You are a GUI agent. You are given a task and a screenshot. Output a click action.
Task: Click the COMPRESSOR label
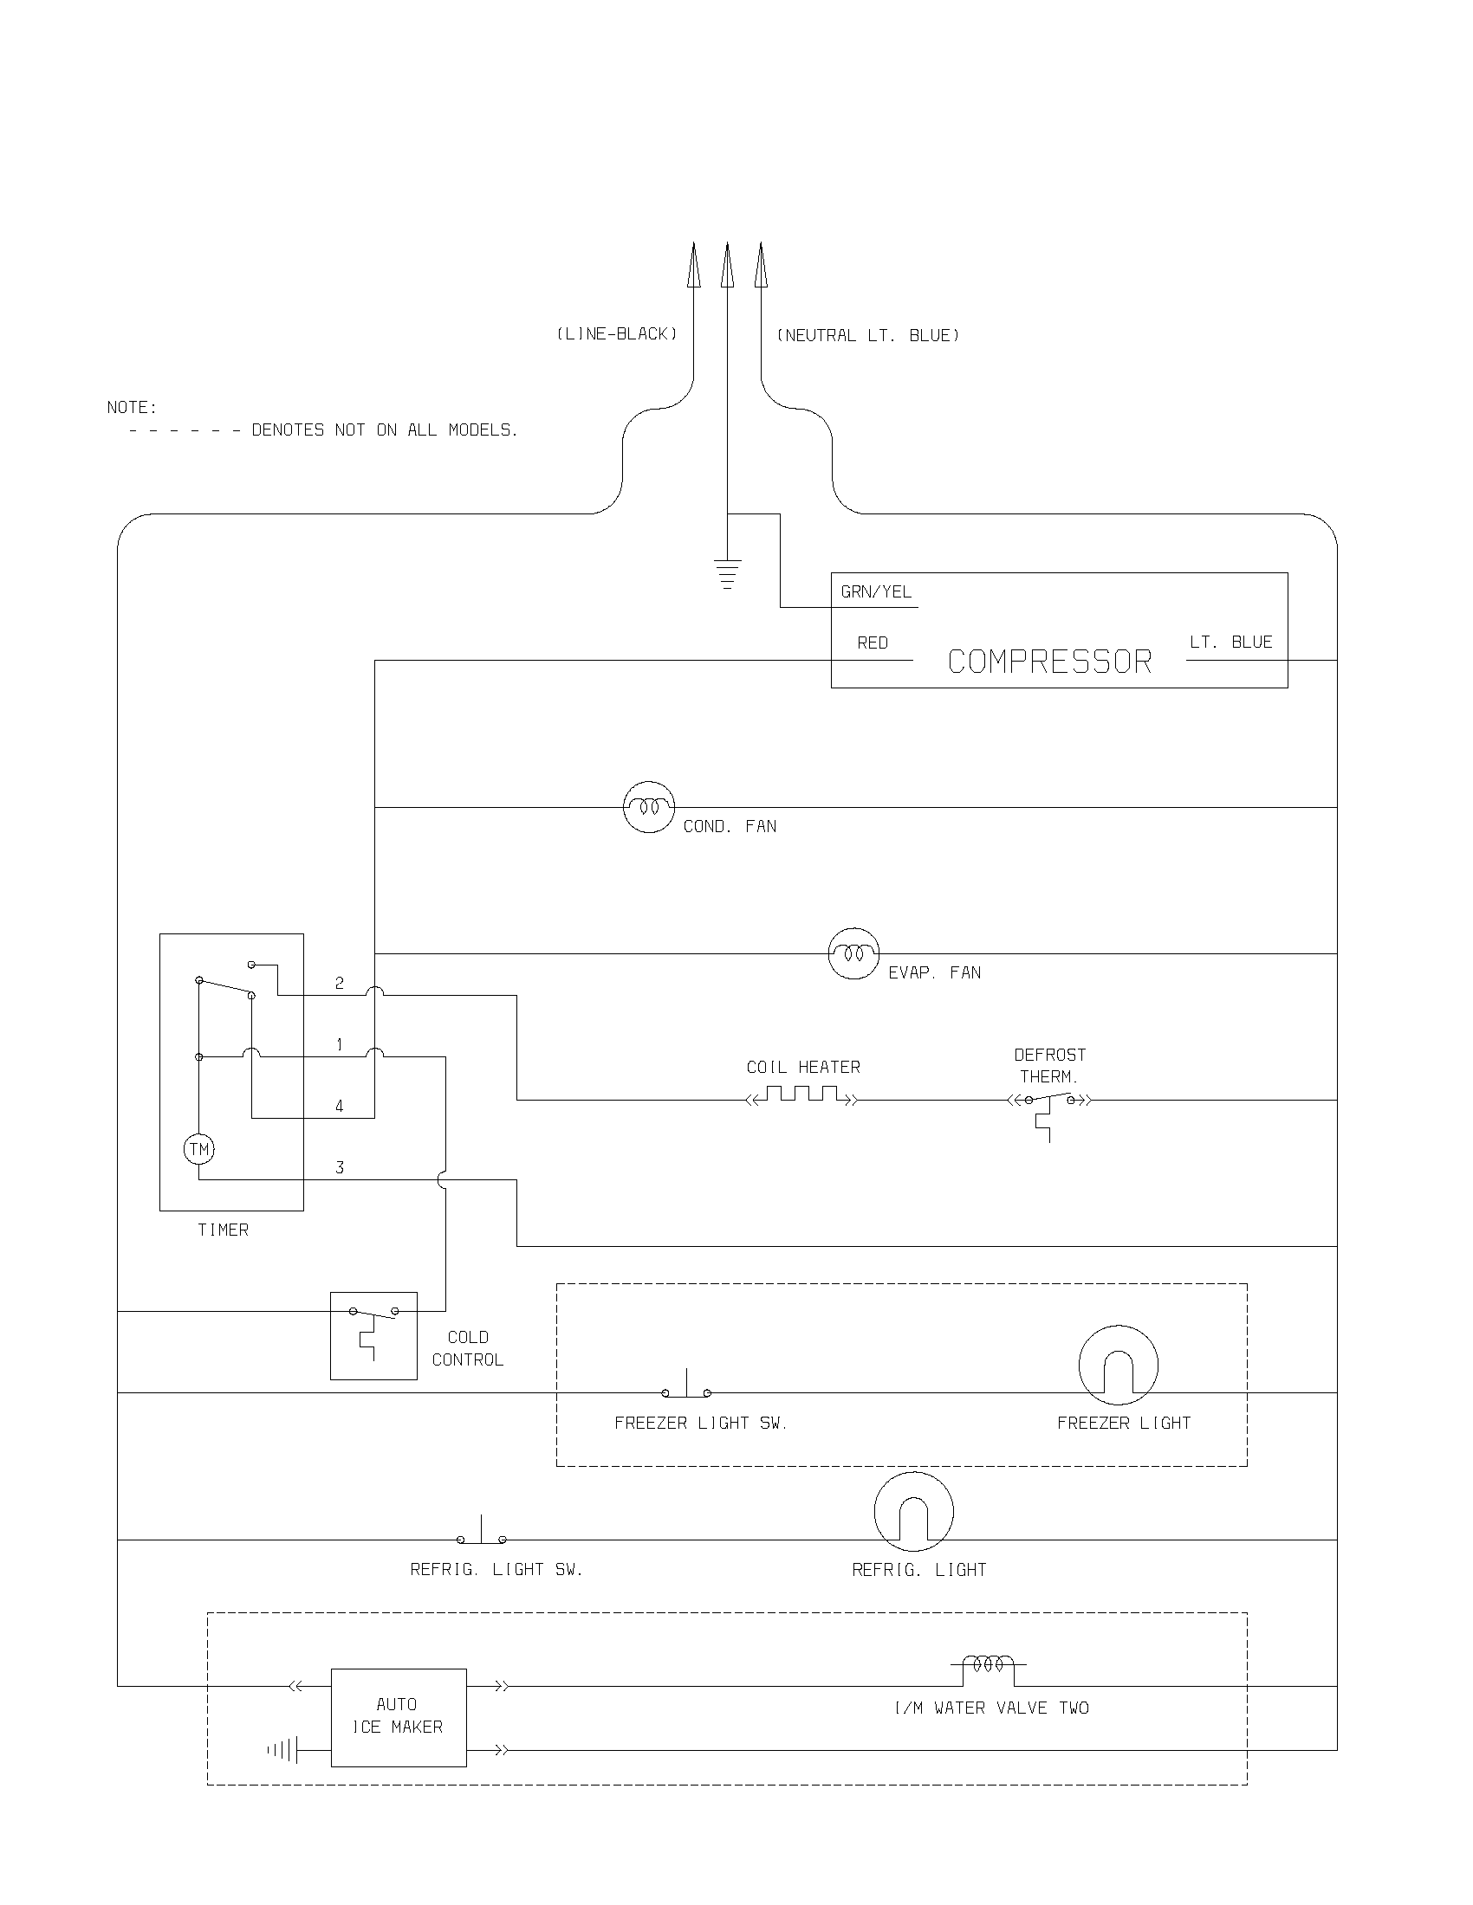(1049, 662)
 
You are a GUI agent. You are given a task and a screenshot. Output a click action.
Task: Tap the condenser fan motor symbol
(648, 807)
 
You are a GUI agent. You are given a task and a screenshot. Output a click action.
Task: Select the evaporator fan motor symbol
(853, 953)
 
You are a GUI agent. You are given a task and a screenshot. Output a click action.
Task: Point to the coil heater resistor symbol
(803, 1095)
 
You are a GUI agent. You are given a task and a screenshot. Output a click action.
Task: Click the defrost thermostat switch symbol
(1049, 1103)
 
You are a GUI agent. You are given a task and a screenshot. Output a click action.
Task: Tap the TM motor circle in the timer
(199, 1149)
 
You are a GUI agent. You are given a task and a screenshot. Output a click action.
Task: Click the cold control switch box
(373, 1335)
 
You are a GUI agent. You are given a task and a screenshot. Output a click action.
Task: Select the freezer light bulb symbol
(1118, 1365)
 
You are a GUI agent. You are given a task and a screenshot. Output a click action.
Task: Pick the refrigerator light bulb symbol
(913, 1512)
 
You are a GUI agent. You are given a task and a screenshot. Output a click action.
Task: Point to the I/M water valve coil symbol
(988, 1664)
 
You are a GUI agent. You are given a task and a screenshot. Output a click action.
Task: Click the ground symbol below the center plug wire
(727, 573)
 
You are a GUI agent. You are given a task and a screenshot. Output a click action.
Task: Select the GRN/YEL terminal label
(875, 591)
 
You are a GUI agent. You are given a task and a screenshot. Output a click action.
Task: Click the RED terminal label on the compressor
(872, 643)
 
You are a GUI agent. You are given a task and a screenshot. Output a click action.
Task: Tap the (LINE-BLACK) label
(617, 334)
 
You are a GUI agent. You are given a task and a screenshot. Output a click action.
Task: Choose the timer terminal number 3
(340, 1167)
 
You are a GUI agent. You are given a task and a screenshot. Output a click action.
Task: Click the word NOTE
(132, 407)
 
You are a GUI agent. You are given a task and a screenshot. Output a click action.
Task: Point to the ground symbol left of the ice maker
(283, 1749)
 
